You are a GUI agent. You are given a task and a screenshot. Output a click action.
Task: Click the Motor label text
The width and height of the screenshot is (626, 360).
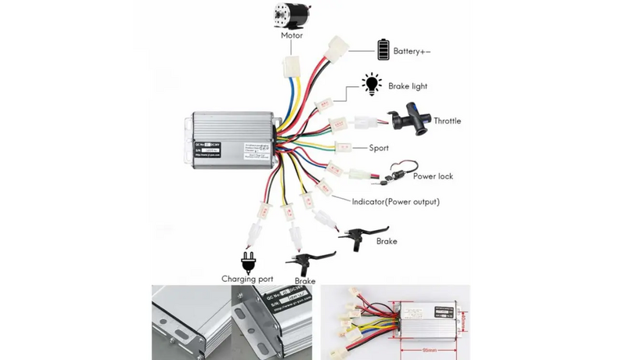[292, 35]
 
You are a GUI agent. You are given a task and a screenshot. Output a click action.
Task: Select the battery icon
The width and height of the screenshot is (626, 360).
[383, 49]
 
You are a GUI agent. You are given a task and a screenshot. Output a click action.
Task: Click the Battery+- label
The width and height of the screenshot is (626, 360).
[412, 51]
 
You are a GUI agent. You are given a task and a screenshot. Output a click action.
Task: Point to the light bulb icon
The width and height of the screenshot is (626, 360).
[370, 85]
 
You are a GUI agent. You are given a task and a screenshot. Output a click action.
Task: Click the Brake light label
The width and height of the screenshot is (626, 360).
[408, 86]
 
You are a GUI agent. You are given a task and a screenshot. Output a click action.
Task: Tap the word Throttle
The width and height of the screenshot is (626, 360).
[447, 121]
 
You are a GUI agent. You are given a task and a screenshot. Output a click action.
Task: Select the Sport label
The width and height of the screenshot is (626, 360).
[379, 147]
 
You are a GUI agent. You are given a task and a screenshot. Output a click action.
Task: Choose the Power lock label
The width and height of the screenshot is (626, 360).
[433, 176]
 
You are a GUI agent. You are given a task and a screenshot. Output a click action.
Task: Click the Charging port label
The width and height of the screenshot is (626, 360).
[248, 279]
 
